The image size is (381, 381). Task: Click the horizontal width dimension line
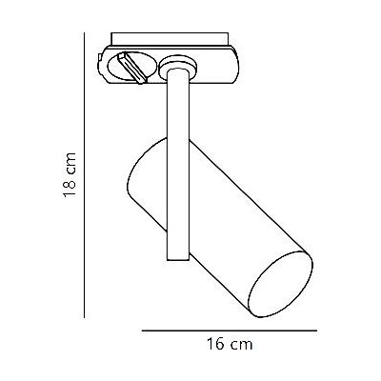[229, 330]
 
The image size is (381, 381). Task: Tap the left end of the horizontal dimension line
[142, 330]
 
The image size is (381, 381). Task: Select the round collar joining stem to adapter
[175, 67]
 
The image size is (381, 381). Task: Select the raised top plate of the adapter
[171, 44]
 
